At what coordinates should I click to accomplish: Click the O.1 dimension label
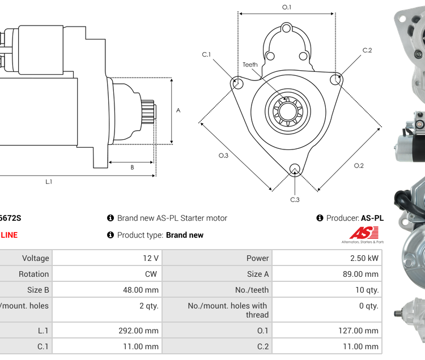point(287,7)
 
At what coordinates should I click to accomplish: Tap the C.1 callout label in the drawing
point(206,54)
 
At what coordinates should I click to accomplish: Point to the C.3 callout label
point(295,199)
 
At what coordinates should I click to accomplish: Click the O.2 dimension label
point(359,165)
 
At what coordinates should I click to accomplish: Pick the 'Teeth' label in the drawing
point(250,65)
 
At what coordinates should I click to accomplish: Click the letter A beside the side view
point(178,110)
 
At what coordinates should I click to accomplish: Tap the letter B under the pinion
point(132,167)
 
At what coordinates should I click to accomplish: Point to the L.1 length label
point(49,182)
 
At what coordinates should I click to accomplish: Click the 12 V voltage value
point(150,258)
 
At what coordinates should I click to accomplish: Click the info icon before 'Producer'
point(320,218)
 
